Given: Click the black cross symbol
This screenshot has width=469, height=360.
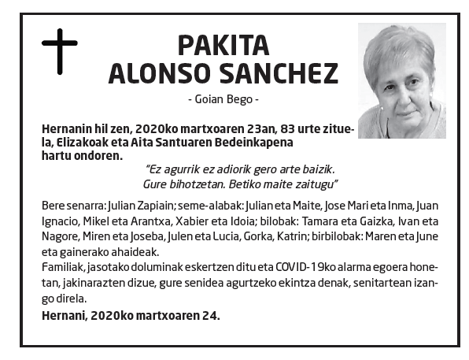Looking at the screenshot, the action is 59,51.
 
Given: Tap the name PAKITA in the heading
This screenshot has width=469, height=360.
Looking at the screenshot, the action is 224,46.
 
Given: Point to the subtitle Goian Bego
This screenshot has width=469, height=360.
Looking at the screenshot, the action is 224,100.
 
